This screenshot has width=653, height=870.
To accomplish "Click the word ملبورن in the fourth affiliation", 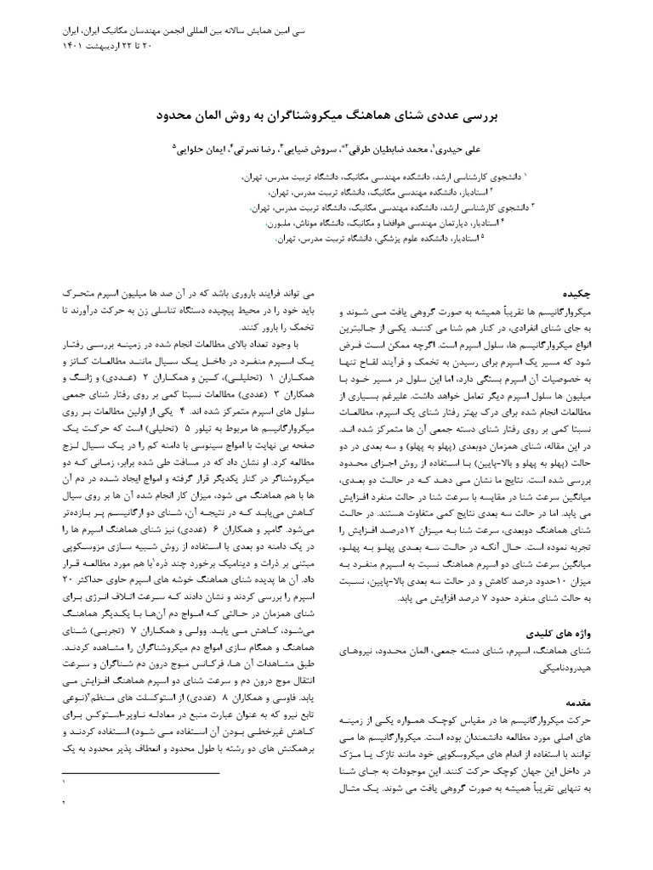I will tap(281, 223).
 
